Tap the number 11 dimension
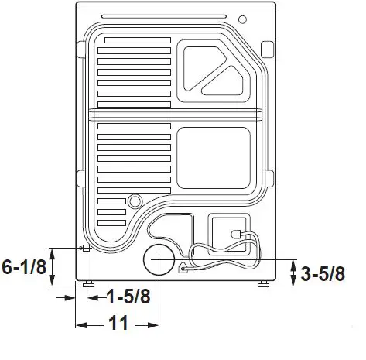tap(118, 324)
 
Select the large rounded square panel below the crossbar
tap(213, 159)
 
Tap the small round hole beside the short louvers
tap(135, 202)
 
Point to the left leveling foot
tap(89, 285)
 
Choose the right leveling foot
tap(265, 285)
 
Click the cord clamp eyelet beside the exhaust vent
tap(183, 269)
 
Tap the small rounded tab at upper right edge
tap(268, 49)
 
